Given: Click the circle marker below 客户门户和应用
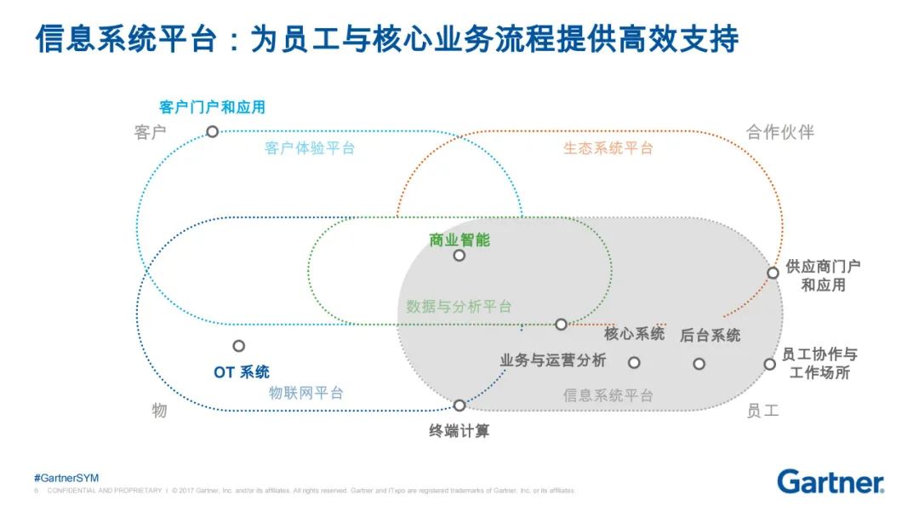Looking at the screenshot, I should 212,131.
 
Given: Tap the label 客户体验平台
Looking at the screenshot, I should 310,148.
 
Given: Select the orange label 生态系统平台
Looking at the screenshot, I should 608,148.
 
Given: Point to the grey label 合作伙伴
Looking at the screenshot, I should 780,132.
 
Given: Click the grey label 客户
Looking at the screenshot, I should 150,133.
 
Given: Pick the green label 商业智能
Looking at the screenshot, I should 459,239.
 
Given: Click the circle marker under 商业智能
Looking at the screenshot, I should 459,256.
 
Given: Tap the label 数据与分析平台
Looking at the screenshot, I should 459,307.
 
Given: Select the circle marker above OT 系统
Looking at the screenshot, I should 239,346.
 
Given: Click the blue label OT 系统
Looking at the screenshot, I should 242,372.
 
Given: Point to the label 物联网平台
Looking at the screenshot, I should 306,394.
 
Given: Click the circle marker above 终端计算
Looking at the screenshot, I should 459,406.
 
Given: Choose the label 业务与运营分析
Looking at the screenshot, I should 552,360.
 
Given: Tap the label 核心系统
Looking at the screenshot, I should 634,334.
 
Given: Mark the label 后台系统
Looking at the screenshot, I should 710,336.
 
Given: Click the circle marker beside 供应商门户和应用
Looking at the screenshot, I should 773,273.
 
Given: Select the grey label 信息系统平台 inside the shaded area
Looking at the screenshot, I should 608,396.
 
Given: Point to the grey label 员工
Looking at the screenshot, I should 762,411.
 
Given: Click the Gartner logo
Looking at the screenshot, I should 830,481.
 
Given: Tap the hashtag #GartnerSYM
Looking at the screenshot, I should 66,478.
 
